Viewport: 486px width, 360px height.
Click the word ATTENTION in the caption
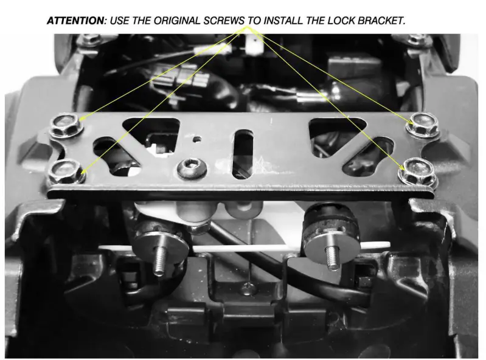[x=75, y=21]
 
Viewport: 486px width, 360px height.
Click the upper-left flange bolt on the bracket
[x=63, y=126]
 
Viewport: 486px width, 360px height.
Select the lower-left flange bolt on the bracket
[x=65, y=170]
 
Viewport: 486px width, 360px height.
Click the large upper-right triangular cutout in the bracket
[x=334, y=130]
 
